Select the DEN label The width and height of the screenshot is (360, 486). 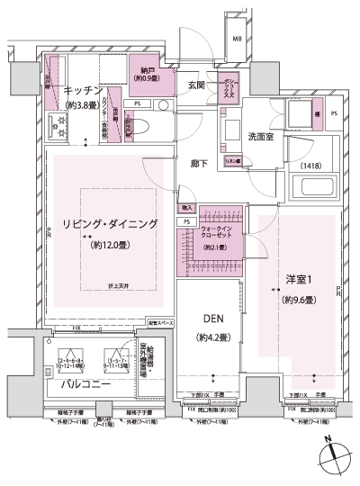(x=213, y=319)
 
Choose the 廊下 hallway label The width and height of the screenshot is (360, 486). (x=200, y=166)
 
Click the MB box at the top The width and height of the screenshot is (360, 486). (x=237, y=39)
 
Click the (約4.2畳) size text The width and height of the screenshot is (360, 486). (x=213, y=337)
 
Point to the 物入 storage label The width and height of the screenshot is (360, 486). (x=186, y=209)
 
